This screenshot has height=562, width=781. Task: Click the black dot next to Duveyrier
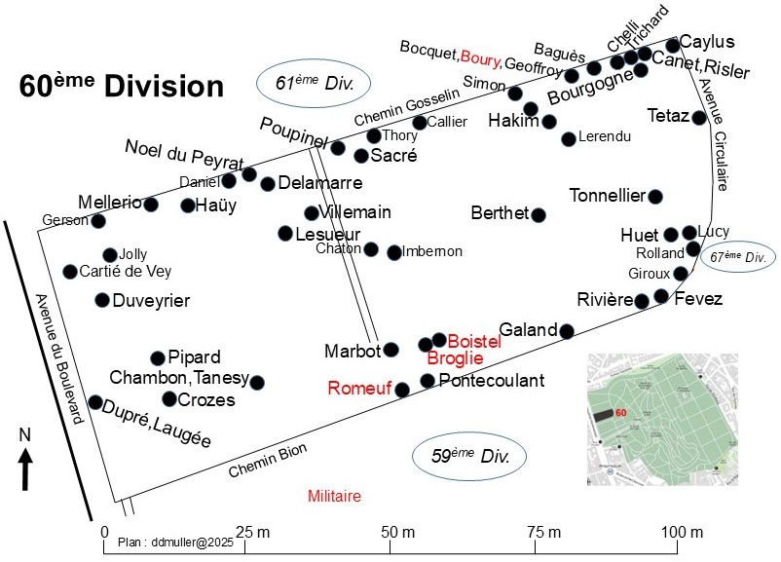pyautogui.click(x=102, y=300)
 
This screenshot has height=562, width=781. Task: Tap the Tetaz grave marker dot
pyautogui.click(x=699, y=118)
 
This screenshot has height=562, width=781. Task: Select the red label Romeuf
pyautogui.click(x=359, y=388)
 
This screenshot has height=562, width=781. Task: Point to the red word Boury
pyautogui.click(x=480, y=58)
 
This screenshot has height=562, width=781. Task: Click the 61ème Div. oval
pyautogui.click(x=314, y=83)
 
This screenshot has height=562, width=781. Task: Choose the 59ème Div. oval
pyautogui.click(x=469, y=456)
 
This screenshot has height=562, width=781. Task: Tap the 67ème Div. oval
pyautogui.click(x=738, y=257)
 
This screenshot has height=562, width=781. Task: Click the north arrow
pyautogui.click(x=25, y=468)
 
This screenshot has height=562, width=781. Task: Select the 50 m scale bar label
pyautogui.click(x=397, y=532)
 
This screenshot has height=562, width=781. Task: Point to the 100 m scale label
pyautogui.click(x=682, y=532)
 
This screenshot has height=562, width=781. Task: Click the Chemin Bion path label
pyautogui.click(x=268, y=461)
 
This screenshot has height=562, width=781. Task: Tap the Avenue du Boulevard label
pyautogui.click(x=58, y=358)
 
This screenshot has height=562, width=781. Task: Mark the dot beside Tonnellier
pyautogui.click(x=655, y=197)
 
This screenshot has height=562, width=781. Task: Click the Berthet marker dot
pyautogui.click(x=539, y=214)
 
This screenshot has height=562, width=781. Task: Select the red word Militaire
pyautogui.click(x=334, y=496)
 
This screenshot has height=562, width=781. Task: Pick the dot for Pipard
pyautogui.click(x=158, y=357)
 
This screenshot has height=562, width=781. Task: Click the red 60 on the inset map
pyautogui.click(x=620, y=413)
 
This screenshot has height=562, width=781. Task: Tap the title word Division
pyautogui.click(x=164, y=86)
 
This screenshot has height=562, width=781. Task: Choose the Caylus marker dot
pyautogui.click(x=672, y=46)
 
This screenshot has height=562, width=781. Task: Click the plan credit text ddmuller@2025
pyautogui.click(x=176, y=543)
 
